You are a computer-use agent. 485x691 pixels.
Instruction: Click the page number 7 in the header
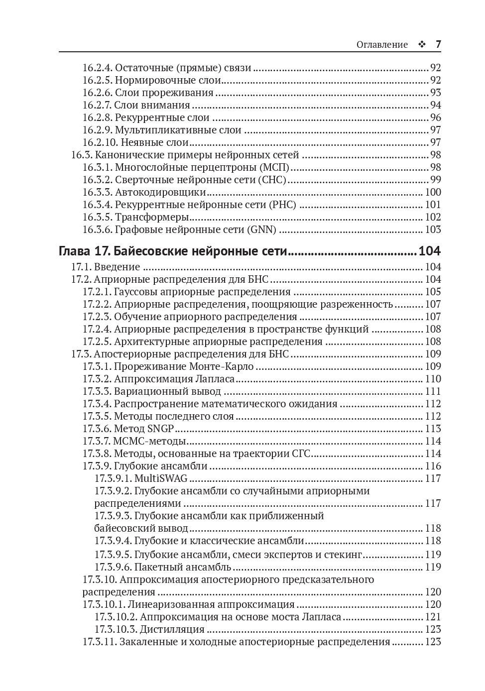point(438,44)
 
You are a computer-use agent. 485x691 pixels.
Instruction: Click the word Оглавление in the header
point(382,45)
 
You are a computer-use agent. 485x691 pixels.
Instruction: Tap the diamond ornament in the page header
point(422,45)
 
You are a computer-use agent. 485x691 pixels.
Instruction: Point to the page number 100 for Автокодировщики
point(433,192)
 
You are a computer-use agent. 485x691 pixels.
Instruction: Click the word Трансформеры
point(152,217)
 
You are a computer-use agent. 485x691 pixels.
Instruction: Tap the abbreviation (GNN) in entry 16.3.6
point(261,230)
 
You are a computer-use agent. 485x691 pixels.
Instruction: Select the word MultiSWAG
point(161,478)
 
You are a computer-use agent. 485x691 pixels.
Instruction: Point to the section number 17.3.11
point(100,642)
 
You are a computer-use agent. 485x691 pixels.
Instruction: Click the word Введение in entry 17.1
point(117,267)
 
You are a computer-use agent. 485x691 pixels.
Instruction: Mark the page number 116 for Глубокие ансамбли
point(433,466)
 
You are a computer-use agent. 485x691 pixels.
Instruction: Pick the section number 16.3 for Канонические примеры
point(81,155)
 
